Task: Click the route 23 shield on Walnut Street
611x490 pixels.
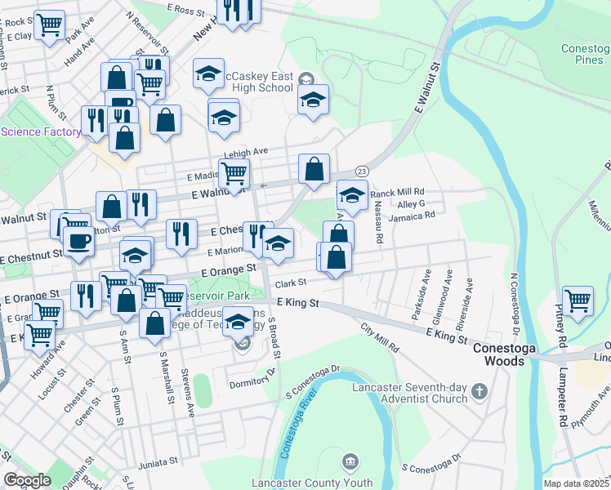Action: click(x=362, y=170)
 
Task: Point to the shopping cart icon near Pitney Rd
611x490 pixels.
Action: click(x=578, y=300)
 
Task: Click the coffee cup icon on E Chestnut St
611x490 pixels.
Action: click(x=79, y=241)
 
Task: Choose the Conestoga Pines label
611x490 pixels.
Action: click(x=586, y=54)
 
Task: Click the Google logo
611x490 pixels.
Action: click(x=27, y=480)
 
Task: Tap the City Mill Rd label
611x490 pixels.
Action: click(x=380, y=336)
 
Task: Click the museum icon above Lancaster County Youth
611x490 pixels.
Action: click(x=350, y=463)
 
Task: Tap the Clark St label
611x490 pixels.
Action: click(x=289, y=283)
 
